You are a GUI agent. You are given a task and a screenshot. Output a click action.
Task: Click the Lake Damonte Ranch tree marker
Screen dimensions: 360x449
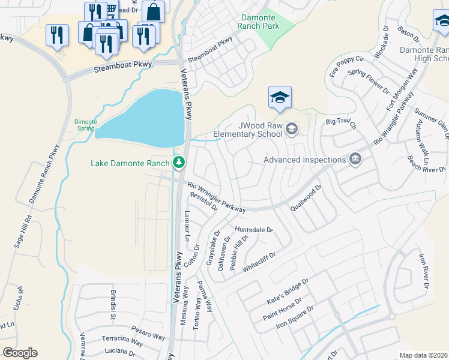pos(178,163)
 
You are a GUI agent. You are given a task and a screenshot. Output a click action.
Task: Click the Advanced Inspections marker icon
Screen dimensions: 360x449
pos(355,159)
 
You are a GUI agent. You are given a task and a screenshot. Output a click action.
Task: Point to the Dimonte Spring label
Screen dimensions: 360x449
pos(85,125)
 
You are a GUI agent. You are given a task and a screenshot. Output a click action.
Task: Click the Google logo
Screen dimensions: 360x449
pos(20,353)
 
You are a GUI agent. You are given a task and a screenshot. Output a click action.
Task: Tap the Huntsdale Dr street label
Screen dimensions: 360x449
pos(253,229)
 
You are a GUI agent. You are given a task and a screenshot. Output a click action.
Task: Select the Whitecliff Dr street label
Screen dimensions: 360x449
pos(258,263)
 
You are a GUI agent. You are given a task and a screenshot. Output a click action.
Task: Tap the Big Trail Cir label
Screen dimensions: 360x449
pos(341,124)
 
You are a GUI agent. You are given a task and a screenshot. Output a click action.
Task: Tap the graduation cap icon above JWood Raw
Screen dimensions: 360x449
pos(279,97)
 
